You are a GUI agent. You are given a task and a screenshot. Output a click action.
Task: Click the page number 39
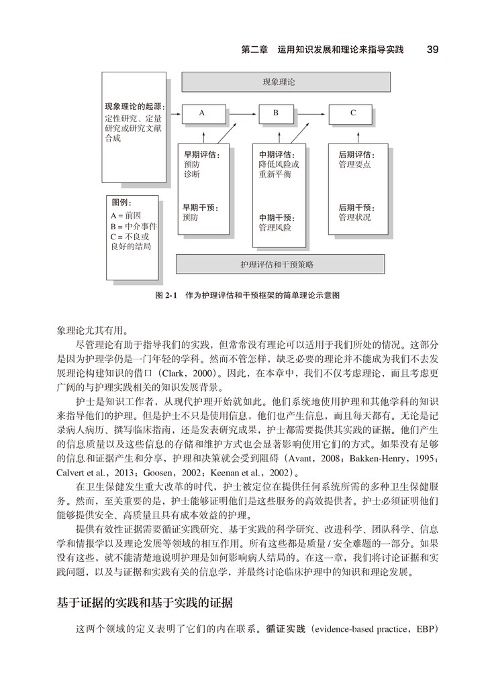pyautogui.click(x=432, y=50)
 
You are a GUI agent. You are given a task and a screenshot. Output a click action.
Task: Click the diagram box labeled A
pyautogui.click(x=202, y=114)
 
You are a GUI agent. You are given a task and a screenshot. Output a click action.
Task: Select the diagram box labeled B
pyautogui.click(x=275, y=114)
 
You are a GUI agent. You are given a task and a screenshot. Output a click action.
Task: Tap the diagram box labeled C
pyautogui.click(x=353, y=114)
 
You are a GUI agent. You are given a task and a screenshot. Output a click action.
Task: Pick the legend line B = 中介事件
pyautogui.click(x=134, y=226)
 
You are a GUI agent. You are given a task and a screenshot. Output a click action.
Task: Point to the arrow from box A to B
pyautogui.click(x=238, y=114)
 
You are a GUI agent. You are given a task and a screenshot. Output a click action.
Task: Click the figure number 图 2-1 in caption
pyautogui.click(x=165, y=295)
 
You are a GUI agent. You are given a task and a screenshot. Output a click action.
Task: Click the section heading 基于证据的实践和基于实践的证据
pyautogui.click(x=145, y=602)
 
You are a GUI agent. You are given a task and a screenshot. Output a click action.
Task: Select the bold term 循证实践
pyautogui.click(x=285, y=630)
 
